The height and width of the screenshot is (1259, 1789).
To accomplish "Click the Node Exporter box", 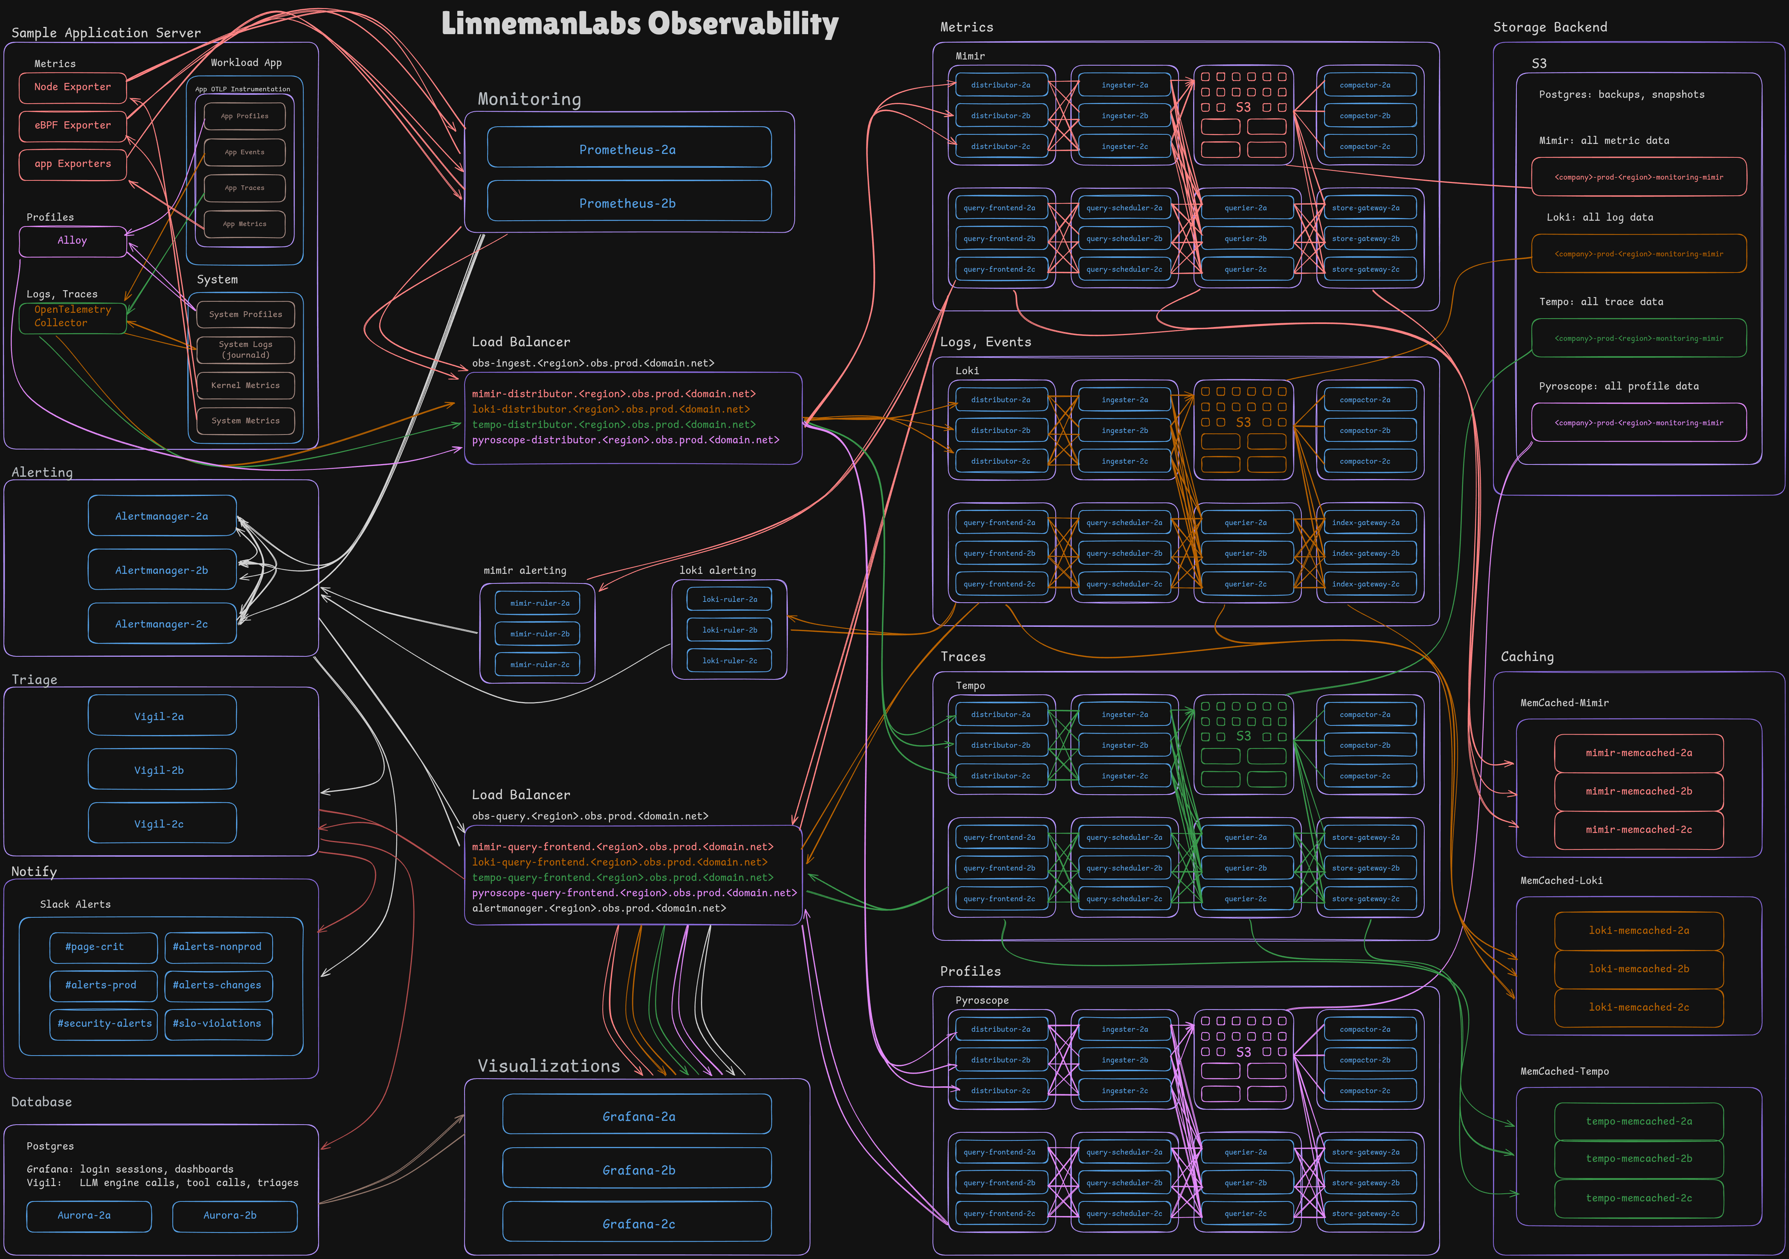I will click(73, 87).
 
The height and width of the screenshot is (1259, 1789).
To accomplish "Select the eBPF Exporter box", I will click(73, 126).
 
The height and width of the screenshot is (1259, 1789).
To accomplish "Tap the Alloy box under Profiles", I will click(73, 241).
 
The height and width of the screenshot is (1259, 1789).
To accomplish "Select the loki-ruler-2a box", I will click(729, 599).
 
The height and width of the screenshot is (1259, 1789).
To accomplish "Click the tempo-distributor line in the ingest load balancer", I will click(613, 425).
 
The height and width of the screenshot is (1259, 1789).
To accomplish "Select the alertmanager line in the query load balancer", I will click(599, 909).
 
